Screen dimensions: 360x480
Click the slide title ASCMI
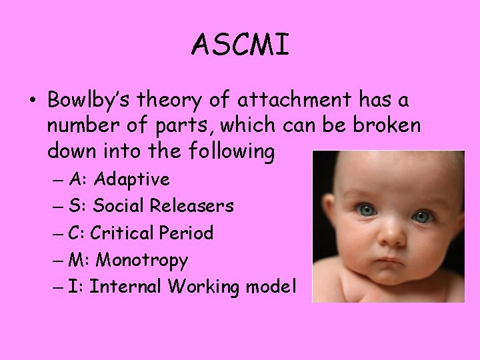(240, 45)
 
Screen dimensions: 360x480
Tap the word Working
(201, 286)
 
